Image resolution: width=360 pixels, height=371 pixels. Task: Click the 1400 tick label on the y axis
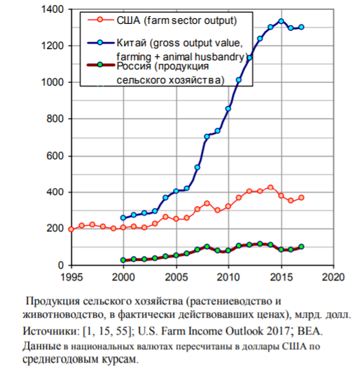tap(53, 9)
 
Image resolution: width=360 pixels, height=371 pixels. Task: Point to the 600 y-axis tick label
tap(55, 156)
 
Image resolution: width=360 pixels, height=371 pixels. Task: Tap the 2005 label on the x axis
tap(176, 277)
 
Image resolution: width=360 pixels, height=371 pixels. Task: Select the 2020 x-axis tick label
tap(333, 277)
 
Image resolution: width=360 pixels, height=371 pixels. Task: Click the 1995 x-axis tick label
tap(71, 277)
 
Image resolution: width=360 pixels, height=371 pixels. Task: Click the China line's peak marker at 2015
tap(281, 21)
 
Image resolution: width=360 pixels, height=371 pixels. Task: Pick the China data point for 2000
tap(123, 217)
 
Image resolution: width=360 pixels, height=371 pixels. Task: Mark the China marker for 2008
tap(207, 137)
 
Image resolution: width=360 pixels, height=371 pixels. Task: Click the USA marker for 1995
tap(71, 229)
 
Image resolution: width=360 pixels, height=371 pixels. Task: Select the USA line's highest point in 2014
tap(270, 187)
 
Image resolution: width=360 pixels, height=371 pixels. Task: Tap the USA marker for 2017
tap(301, 198)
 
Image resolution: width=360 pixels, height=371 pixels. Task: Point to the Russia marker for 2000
tap(123, 260)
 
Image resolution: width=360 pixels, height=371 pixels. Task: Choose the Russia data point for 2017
tap(301, 247)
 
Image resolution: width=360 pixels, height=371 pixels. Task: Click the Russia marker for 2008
tap(207, 247)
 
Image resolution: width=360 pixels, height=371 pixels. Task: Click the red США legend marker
tap(100, 20)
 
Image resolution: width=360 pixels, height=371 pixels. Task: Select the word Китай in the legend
tap(132, 43)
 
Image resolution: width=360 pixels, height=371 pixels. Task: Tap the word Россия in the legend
tap(134, 66)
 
